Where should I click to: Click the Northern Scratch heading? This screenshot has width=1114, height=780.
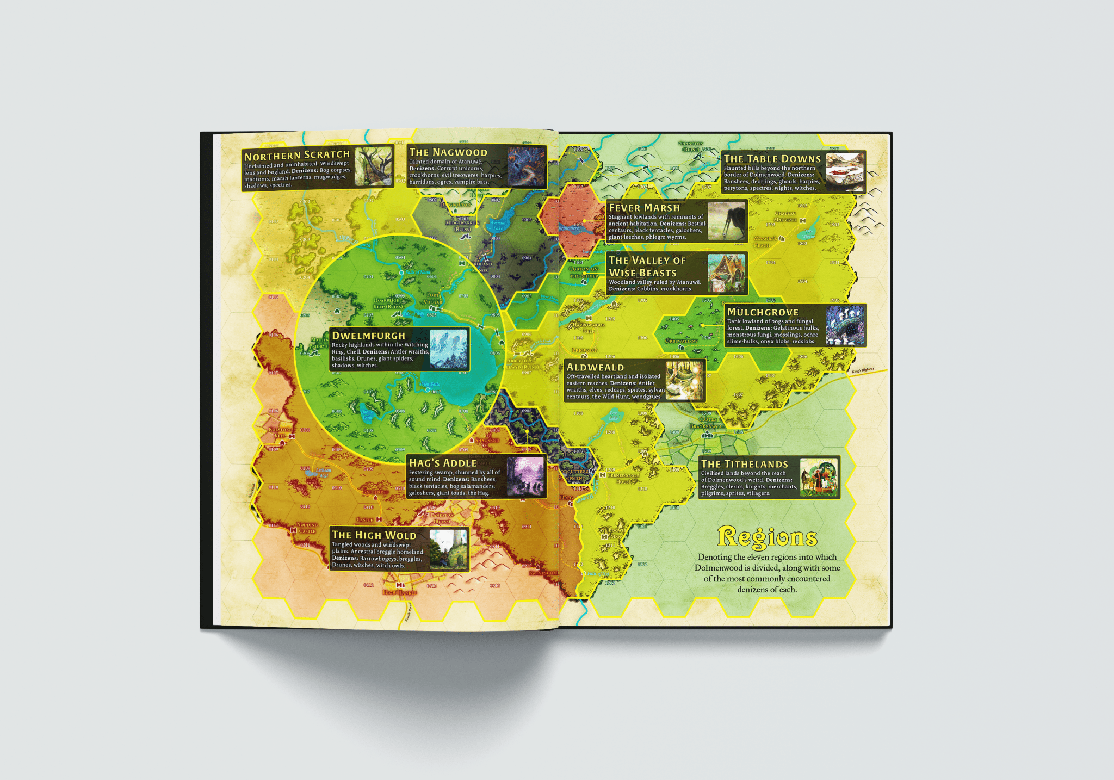pyautogui.click(x=297, y=155)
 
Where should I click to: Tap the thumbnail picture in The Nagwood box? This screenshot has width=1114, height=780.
pyautogui.click(x=526, y=166)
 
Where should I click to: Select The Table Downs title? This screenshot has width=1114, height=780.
pyautogui.click(x=772, y=159)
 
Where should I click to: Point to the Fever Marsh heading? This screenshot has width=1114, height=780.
pyautogui.click(x=644, y=208)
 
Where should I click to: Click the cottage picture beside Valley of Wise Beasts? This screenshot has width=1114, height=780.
pyautogui.click(x=726, y=274)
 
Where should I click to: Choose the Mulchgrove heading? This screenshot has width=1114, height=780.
pyautogui.click(x=763, y=312)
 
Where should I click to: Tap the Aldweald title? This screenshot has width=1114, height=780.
pyautogui.click(x=595, y=367)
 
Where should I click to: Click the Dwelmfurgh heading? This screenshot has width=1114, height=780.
pyautogui.click(x=368, y=336)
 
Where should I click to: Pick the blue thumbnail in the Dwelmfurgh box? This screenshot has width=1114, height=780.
pyautogui.click(x=449, y=349)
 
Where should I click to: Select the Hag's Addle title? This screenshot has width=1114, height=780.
pyautogui.click(x=442, y=463)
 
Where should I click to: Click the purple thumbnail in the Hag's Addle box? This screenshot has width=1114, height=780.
pyautogui.click(x=525, y=476)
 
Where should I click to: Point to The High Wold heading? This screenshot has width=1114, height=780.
pyautogui.click(x=374, y=535)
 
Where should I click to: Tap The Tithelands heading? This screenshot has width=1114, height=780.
pyautogui.click(x=744, y=464)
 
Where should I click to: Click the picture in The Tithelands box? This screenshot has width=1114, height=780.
pyautogui.click(x=819, y=478)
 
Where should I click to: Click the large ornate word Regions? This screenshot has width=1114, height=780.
pyautogui.click(x=767, y=537)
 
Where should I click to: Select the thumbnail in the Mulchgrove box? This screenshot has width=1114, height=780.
pyautogui.click(x=845, y=325)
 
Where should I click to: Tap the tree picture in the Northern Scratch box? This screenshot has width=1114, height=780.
pyautogui.click(x=373, y=166)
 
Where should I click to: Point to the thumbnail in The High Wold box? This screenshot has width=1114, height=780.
pyautogui.click(x=448, y=549)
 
